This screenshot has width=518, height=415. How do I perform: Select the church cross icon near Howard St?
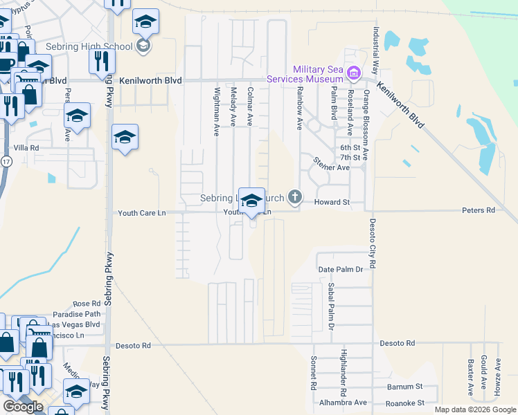click(296, 198)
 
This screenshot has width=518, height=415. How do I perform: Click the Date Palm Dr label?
click(340, 269)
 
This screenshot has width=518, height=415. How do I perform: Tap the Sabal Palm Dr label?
click(331, 306)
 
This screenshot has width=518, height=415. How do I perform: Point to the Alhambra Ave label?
click(343, 403)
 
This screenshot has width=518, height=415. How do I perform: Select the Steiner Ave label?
click(331, 167)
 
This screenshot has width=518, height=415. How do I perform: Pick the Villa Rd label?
click(26, 148)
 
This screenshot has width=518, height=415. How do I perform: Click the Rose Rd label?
click(87, 304)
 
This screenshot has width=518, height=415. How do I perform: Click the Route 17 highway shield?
click(6, 161)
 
